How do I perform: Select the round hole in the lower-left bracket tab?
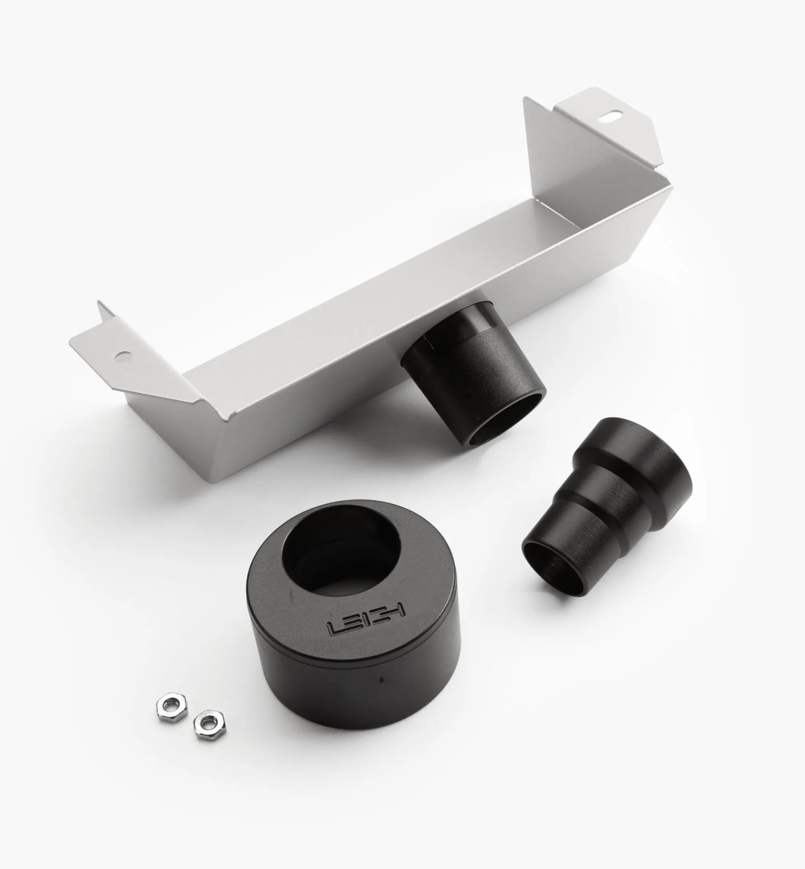coord(123,356)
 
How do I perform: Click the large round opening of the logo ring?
coord(340,552)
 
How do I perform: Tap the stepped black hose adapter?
coord(610,505)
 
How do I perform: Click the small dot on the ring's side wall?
coord(382,679)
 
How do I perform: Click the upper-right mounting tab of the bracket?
coord(610,126)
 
